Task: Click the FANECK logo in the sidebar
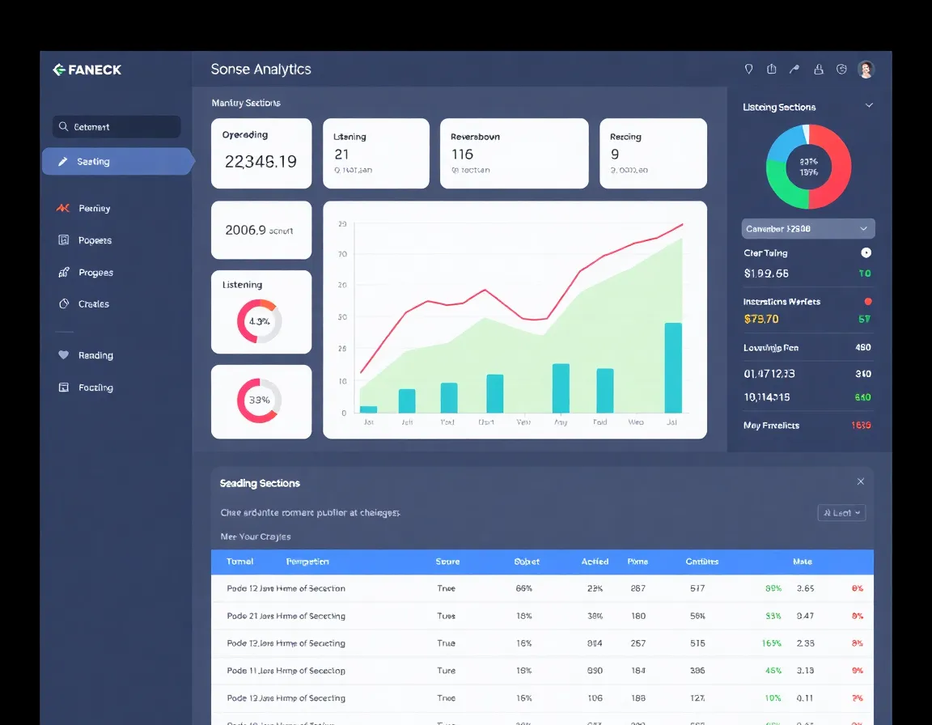click(87, 70)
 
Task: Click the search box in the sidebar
click(116, 127)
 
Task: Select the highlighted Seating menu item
click(117, 162)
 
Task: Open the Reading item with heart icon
click(95, 355)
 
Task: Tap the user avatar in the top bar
click(866, 70)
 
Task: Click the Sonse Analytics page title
click(261, 70)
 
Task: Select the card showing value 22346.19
click(261, 154)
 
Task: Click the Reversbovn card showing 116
click(514, 154)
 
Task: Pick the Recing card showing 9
click(652, 154)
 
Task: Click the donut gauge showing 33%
click(259, 401)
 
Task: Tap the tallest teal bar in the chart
click(672, 368)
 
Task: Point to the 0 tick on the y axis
click(344, 413)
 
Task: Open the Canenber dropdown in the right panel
click(807, 229)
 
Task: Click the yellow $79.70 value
click(760, 319)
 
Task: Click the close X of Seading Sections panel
click(860, 481)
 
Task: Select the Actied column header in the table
click(595, 562)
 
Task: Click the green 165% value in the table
click(771, 643)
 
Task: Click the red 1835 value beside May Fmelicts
click(861, 426)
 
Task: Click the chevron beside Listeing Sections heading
click(869, 106)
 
